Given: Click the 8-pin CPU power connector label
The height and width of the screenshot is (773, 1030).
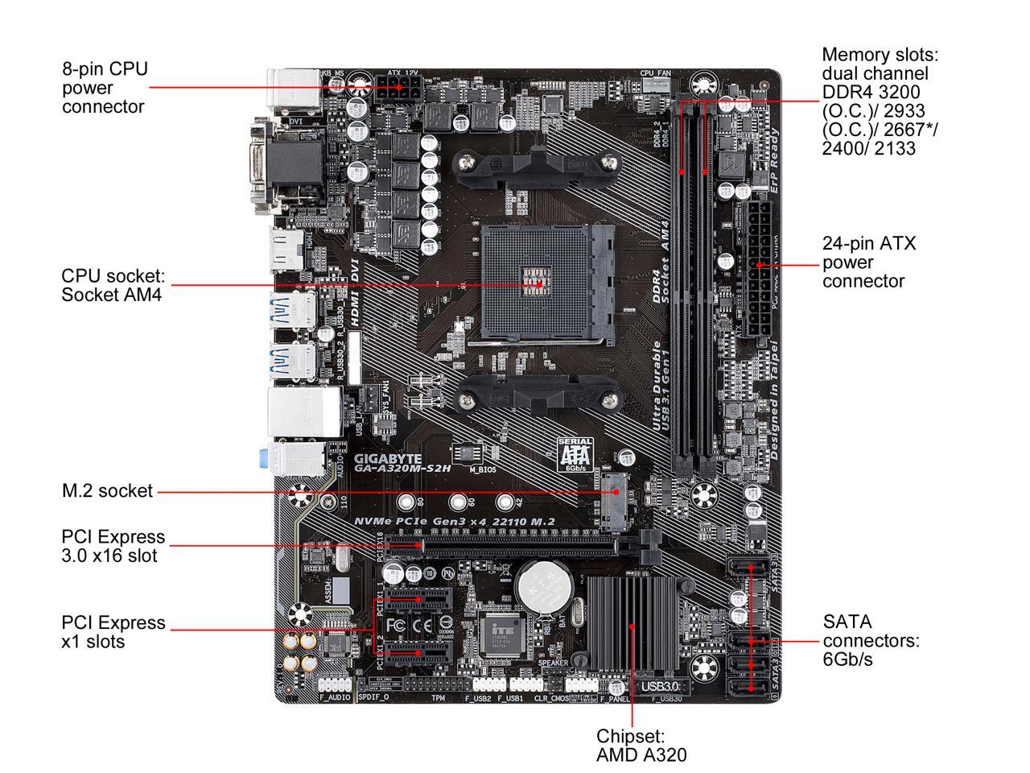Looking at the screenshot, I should click(x=105, y=88).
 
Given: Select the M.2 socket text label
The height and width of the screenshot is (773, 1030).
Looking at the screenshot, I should click(x=107, y=490).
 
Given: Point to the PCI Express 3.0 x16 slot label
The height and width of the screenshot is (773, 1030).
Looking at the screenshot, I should click(x=113, y=546).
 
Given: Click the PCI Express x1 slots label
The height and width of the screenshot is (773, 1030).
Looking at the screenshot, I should click(x=113, y=632).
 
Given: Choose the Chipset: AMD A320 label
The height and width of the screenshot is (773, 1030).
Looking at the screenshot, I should click(x=641, y=746).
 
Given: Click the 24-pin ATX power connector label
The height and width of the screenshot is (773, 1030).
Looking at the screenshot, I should click(x=869, y=262).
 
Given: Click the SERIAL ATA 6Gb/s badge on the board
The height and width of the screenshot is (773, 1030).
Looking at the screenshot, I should click(x=575, y=454).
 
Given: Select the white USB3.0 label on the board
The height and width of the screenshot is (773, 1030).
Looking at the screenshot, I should click(x=660, y=687).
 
